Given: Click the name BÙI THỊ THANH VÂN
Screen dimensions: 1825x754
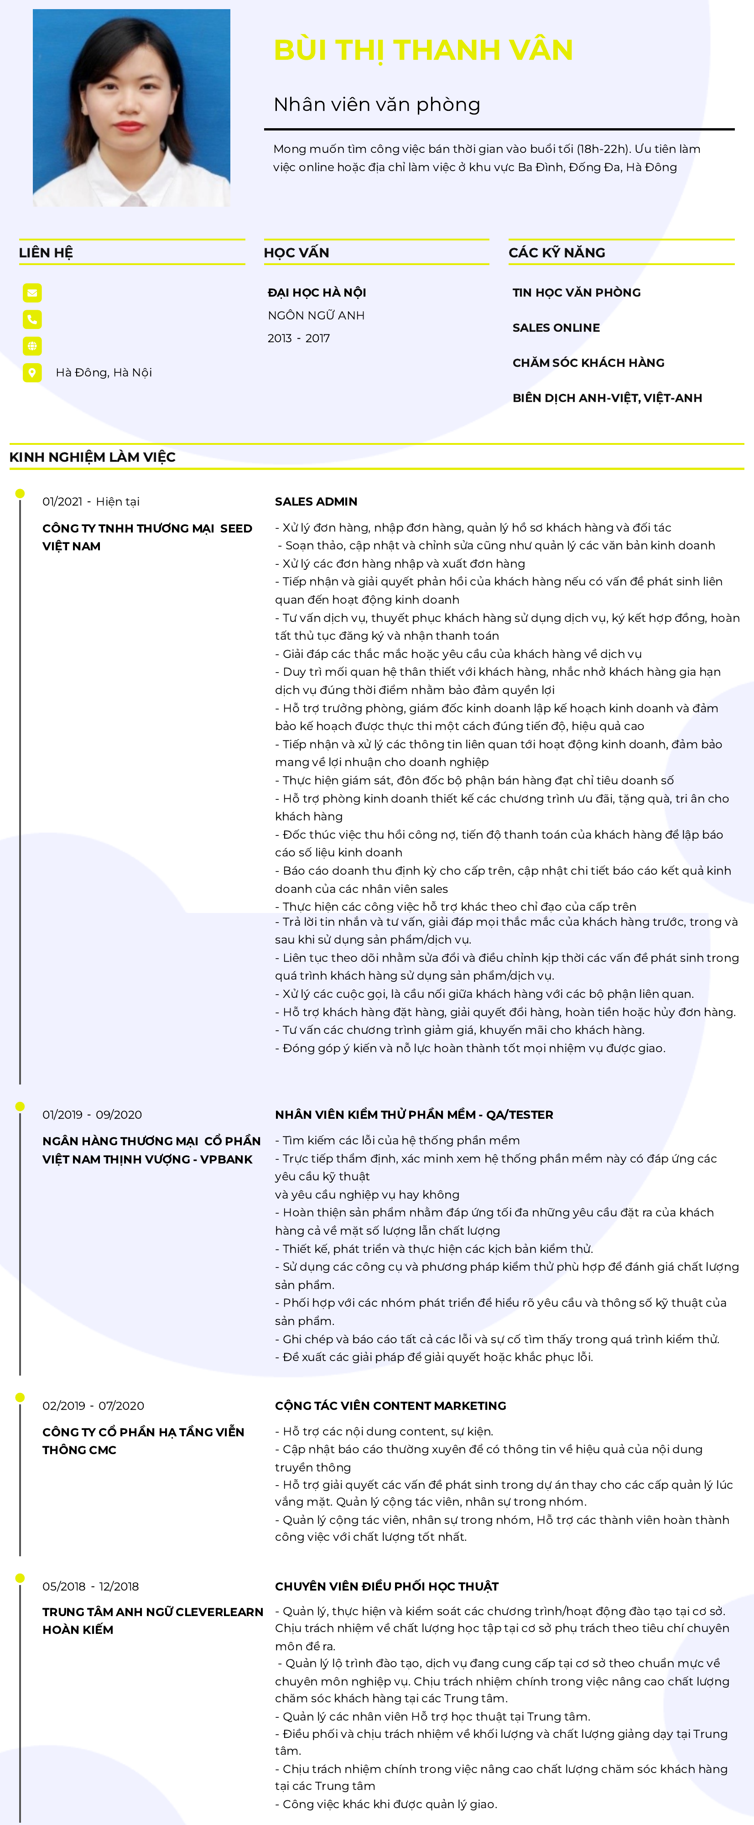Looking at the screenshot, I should point(423,50).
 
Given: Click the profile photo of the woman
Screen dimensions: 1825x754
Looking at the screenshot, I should point(132,108).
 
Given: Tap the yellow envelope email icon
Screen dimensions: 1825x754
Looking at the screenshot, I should point(32,292).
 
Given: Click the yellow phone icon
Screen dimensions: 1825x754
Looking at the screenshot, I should point(32,319).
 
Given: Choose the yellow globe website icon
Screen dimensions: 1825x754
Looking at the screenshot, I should point(32,346).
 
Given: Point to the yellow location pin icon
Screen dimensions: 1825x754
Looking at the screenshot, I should point(32,373).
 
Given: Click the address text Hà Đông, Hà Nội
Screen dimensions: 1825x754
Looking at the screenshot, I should point(104,373).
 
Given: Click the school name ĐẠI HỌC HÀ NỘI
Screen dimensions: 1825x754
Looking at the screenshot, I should point(317,292).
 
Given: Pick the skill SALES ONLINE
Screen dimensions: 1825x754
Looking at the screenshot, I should point(556,327).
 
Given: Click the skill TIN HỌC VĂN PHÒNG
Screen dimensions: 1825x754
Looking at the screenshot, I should point(576,292).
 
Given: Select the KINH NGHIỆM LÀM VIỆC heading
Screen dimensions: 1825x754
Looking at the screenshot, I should point(93,457).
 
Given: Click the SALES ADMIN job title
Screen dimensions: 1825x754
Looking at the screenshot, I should point(316,501).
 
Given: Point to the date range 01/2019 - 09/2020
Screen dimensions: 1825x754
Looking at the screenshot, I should point(92,1115).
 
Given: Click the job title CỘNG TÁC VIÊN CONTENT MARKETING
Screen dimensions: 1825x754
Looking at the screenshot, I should point(390,1406).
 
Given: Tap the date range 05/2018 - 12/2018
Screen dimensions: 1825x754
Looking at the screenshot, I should point(91,1586).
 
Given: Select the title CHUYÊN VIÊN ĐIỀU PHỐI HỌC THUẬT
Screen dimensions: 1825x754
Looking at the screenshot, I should point(386,1586).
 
